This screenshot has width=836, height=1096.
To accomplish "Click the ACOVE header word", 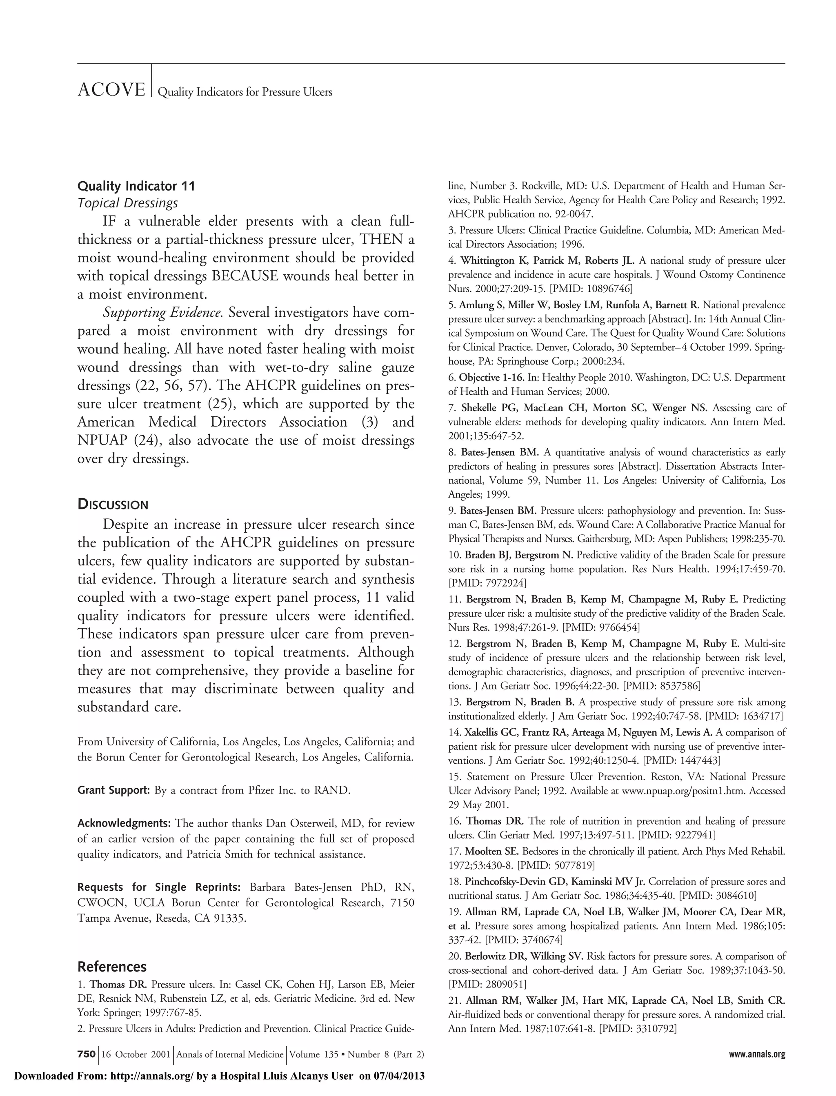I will tap(111, 91).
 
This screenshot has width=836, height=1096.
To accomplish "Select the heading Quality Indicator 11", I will tap(136, 187).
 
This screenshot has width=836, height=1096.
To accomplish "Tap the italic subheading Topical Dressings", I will tap(127, 203).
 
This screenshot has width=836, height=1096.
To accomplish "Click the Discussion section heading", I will tap(113, 505).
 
